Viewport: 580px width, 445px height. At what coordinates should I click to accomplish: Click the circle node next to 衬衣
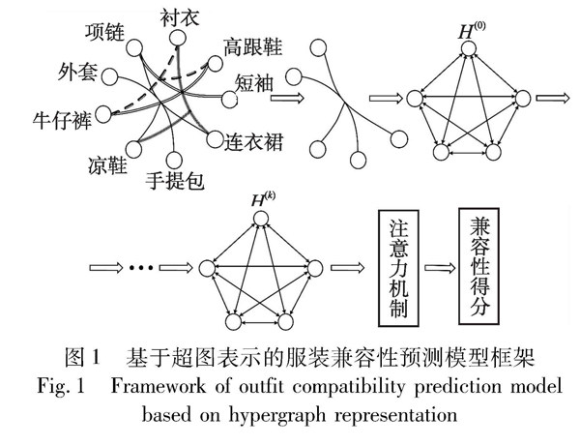(x=177, y=39)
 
